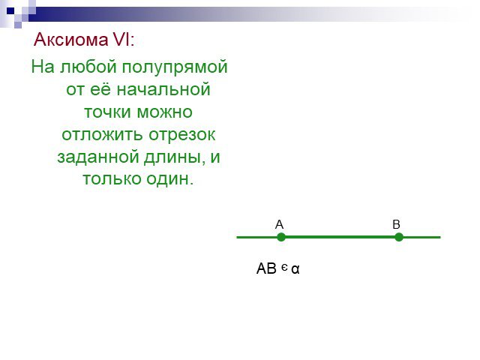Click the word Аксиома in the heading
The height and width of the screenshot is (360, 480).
pos(71,40)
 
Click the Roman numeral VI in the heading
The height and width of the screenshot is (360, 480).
pos(121,40)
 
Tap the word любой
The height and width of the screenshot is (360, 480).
pos(88,67)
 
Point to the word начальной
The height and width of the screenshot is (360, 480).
pos(163,90)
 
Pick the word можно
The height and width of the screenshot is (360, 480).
pos(165,112)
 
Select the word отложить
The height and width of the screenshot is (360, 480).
pos(103,134)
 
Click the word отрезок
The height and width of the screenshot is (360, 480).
pos(182,135)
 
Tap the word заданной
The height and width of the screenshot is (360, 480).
pos(98,157)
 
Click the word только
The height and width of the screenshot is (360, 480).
pos(112,179)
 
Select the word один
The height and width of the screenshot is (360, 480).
pos(169,179)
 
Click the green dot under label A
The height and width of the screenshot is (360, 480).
pos(281,237)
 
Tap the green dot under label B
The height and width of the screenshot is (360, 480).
pos(398,237)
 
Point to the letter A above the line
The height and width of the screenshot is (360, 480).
pos(279,224)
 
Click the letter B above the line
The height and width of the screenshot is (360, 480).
pos(396,224)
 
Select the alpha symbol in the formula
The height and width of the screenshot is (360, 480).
pos(295,269)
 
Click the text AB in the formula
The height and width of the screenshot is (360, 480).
pos(267,268)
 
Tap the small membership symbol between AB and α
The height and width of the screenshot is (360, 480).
pos(284,268)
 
